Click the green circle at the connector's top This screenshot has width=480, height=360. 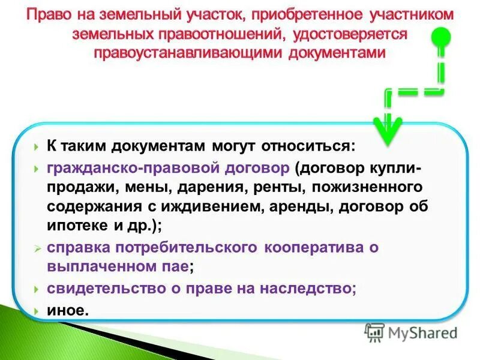click(445, 35)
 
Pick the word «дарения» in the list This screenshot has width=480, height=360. click(207, 187)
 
